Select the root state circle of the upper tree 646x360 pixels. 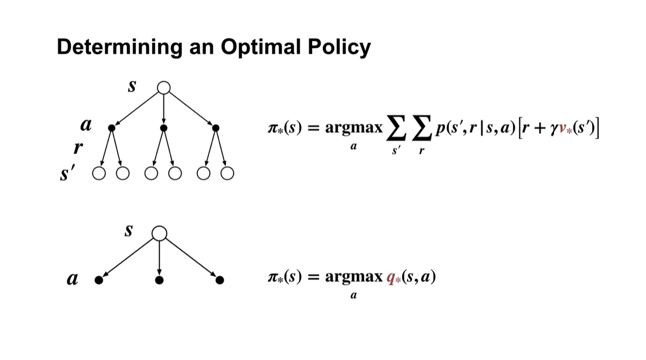(x=163, y=87)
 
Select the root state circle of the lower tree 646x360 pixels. (x=159, y=233)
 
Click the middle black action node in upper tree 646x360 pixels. (x=163, y=128)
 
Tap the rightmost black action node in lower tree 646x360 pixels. (x=219, y=280)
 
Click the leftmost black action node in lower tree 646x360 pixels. (x=98, y=280)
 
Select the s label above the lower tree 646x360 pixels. (x=128, y=231)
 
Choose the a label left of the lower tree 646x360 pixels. (x=71, y=280)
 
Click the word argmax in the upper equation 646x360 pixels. (x=352, y=128)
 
